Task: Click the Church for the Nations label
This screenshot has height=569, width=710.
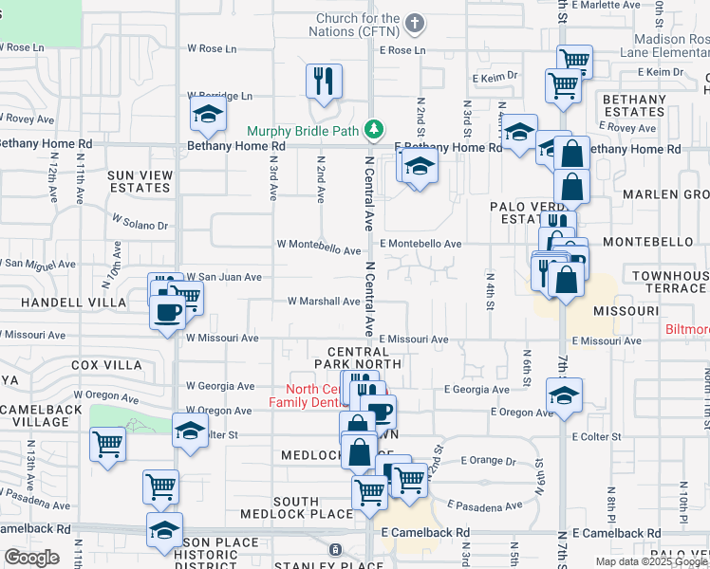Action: [x=359, y=25]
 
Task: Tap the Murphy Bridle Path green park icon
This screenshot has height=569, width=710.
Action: [x=375, y=129]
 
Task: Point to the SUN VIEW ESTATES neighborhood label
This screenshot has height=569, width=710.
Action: [x=140, y=181]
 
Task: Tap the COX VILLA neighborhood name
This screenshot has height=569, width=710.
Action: [x=106, y=365]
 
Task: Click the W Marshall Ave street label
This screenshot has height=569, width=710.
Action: [x=324, y=303]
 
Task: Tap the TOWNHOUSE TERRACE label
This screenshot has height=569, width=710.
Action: [x=671, y=281]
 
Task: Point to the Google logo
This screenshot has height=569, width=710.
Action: [x=31, y=558]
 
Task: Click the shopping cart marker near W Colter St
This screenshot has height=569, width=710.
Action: [x=107, y=443]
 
